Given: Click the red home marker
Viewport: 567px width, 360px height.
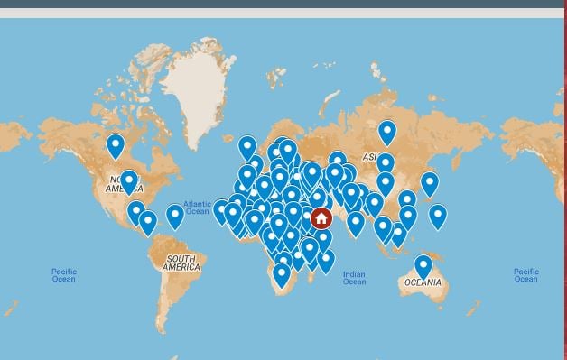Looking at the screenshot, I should tap(321, 219).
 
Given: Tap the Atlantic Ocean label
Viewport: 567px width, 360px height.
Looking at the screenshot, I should tap(197, 208).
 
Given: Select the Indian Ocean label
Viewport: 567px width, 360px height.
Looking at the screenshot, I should tap(354, 278).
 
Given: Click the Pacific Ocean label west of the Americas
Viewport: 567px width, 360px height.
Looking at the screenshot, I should tap(64, 275).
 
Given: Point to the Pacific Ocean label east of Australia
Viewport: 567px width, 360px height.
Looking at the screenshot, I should tap(525, 275).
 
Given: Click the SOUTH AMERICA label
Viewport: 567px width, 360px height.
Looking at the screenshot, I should tap(181, 263).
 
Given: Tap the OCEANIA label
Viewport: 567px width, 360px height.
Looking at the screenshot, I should tap(423, 282).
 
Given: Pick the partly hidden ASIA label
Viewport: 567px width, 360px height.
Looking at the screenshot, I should tap(369, 157).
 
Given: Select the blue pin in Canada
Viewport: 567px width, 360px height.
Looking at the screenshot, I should tap(116, 145).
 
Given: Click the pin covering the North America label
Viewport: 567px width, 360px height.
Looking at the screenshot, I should tap(129, 181).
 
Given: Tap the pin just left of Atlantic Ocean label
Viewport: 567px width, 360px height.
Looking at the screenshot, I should tap(175, 216).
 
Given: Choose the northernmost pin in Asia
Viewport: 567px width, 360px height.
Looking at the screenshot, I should tap(387, 133).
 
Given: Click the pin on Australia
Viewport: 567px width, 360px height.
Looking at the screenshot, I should tap(423, 266).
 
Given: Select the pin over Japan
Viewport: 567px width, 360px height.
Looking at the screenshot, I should tap(430, 183).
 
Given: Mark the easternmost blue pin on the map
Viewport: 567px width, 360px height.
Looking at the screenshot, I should tap(438, 216).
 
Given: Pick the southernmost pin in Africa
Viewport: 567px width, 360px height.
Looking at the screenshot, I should tap(283, 274).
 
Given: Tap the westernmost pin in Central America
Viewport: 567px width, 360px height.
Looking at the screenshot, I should tap(136, 212).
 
